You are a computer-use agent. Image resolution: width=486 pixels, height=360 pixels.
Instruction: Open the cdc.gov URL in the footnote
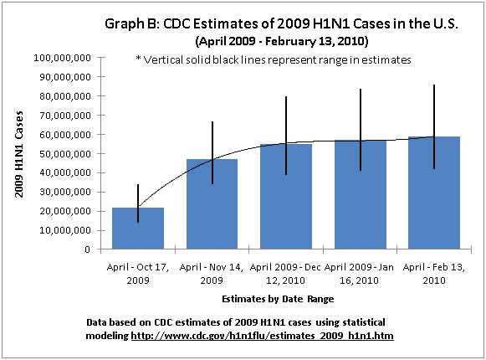pyautogui.click(x=263, y=335)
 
